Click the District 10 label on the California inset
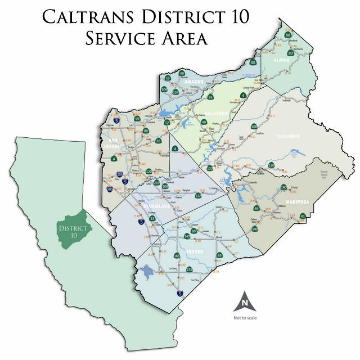[73, 231]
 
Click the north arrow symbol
[245, 301]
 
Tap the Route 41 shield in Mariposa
[303, 215]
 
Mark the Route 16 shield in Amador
[167, 78]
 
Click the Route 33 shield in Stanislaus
[152, 218]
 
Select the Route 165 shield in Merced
[177, 256]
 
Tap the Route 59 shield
[220, 256]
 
